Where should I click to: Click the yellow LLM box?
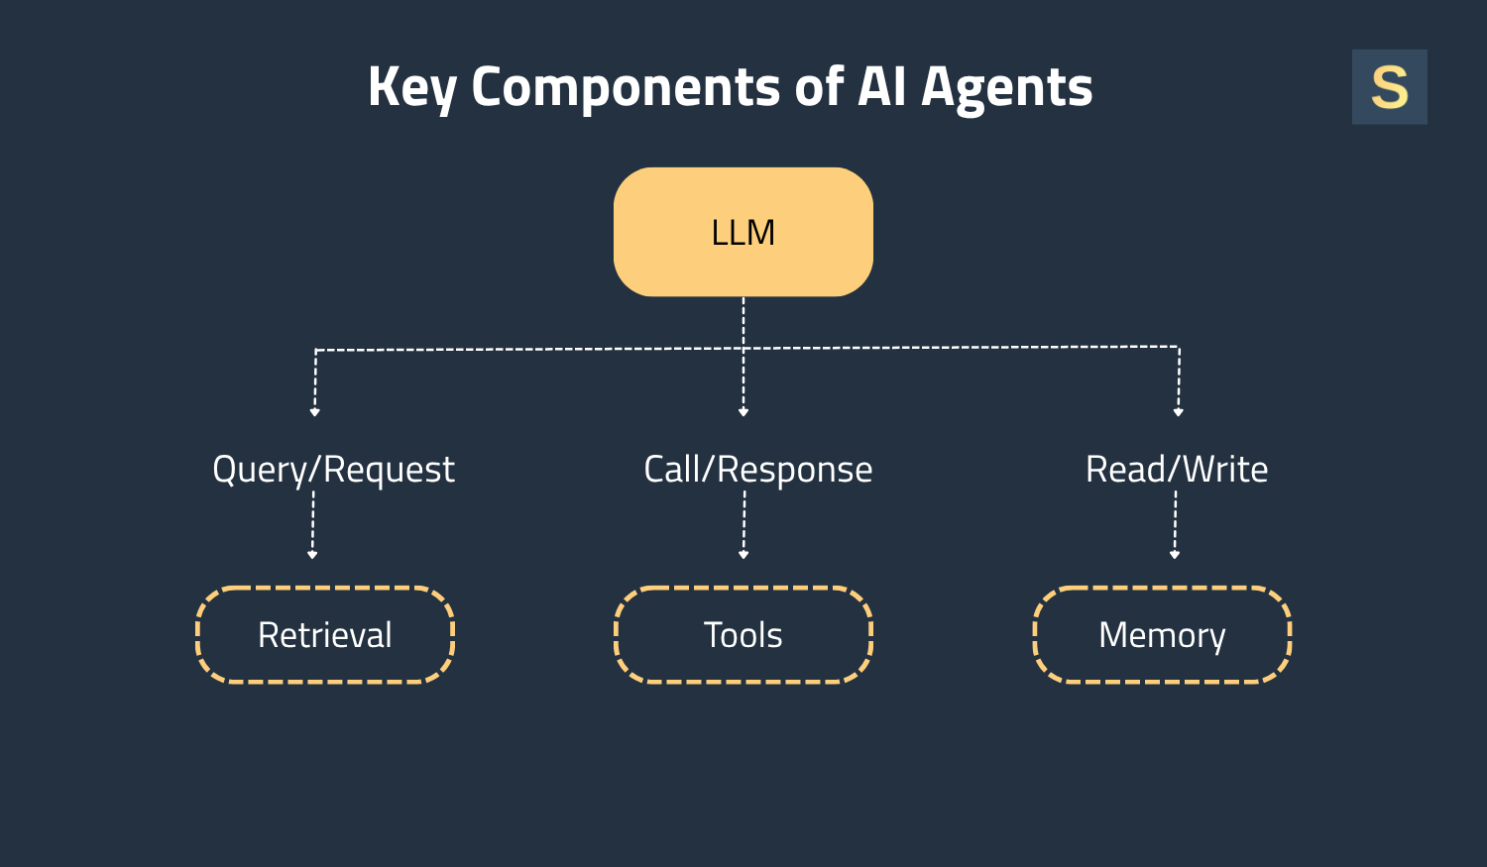tap(743, 232)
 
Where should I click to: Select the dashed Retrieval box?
tap(325, 634)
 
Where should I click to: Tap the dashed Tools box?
tap(743, 634)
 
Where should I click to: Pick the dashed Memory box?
tap(1162, 634)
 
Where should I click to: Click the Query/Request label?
tap(333, 470)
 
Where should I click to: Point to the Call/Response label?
tap(757, 470)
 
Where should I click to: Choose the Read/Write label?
tap(1177, 470)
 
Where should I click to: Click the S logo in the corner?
tap(1389, 87)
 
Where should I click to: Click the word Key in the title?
tap(411, 87)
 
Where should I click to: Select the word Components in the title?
tap(626, 87)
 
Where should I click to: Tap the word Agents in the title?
tap(1006, 87)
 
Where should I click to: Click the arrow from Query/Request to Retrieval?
tap(313, 525)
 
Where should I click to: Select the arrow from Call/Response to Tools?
tap(743, 525)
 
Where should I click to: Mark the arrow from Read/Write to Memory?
tap(1176, 525)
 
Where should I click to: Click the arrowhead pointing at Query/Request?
tap(314, 411)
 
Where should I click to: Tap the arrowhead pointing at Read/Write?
tap(1178, 411)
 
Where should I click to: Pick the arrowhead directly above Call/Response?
tap(743, 411)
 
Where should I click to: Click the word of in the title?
tap(818, 87)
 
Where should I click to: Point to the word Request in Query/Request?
tap(389, 470)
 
